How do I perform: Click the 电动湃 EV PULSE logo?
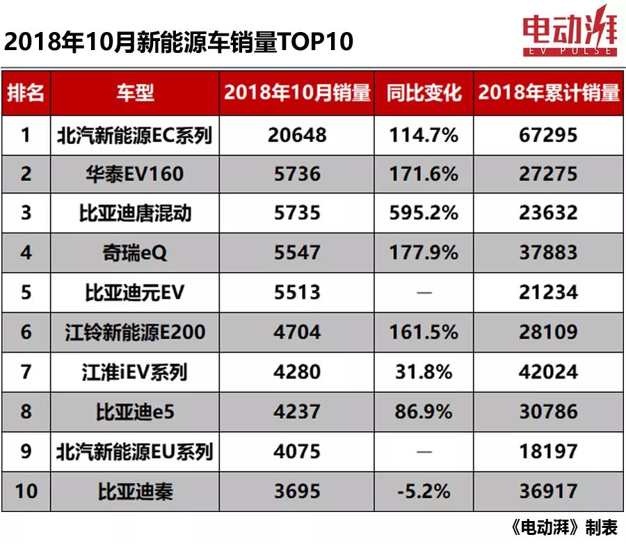point(569,32)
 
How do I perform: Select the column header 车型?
point(135,93)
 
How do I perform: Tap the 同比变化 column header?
point(424,93)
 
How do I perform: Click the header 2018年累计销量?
point(549,93)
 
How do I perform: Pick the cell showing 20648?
point(297,134)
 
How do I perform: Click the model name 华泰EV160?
point(135,174)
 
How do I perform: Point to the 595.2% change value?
point(424,213)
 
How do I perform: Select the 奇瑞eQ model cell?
point(135,253)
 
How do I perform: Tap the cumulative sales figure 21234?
point(548,292)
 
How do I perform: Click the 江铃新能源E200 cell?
point(135,332)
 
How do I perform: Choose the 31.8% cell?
point(424,371)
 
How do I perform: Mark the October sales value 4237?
point(297,411)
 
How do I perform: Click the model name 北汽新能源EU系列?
point(135,451)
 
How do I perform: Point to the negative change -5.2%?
point(424,491)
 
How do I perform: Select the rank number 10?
point(26,491)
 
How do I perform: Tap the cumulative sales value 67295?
point(548,134)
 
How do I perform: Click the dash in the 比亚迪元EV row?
point(424,292)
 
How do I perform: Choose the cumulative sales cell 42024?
point(548,371)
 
